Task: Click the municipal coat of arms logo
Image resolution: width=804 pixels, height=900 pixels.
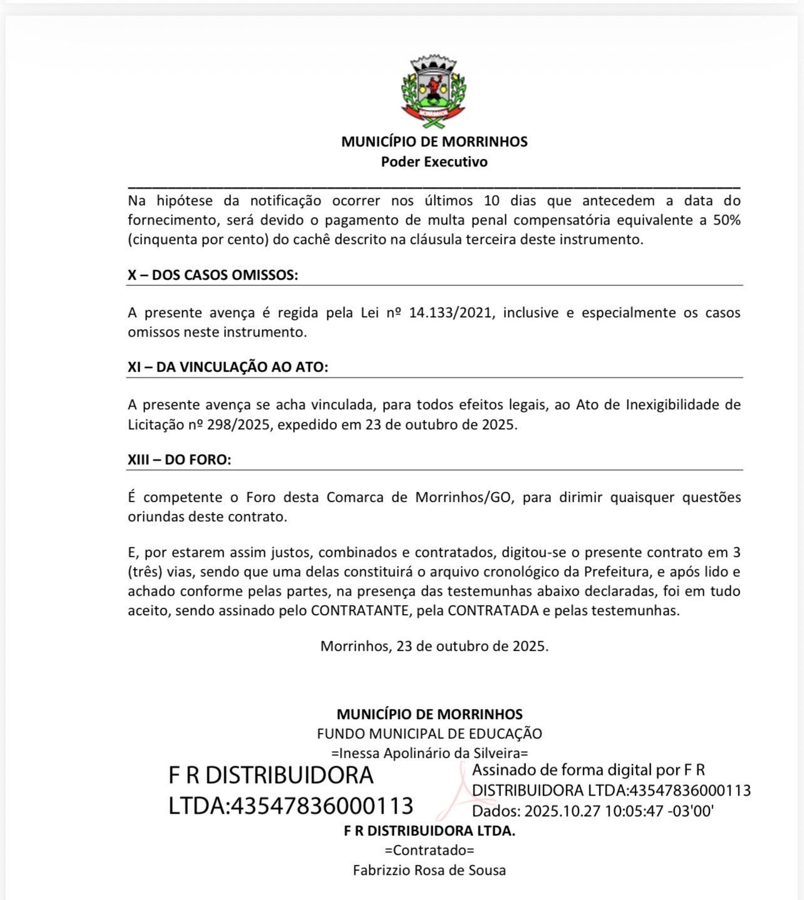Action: coord(434,90)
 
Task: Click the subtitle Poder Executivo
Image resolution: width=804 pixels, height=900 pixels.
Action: coord(434,161)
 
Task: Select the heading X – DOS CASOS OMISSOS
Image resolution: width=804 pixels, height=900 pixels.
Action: coord(213,275)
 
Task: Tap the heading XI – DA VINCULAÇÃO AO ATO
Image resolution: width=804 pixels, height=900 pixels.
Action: coord(228,367)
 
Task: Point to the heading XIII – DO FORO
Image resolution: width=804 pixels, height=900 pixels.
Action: coord(179,459)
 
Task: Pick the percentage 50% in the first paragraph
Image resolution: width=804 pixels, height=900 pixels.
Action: coord(726,220)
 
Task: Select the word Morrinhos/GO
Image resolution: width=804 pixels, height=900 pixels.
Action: coord(464,497)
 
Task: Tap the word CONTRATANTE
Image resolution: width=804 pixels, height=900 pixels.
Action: coord(359,610)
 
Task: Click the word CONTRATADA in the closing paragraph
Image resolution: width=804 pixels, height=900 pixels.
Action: coord(493,610)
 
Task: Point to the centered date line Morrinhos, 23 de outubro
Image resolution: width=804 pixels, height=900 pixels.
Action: coord(434,646)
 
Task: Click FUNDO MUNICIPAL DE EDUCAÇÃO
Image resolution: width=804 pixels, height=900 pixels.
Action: coord(430,734)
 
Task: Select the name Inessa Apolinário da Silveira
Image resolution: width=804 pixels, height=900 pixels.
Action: coord(430,753)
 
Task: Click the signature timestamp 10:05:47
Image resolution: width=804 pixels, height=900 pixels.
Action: coord(634,811)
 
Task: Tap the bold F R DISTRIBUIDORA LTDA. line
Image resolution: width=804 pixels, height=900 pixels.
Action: coord(430,831)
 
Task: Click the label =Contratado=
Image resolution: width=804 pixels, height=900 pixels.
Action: coord(430,851)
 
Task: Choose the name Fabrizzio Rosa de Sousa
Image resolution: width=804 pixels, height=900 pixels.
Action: coord(430,870)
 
